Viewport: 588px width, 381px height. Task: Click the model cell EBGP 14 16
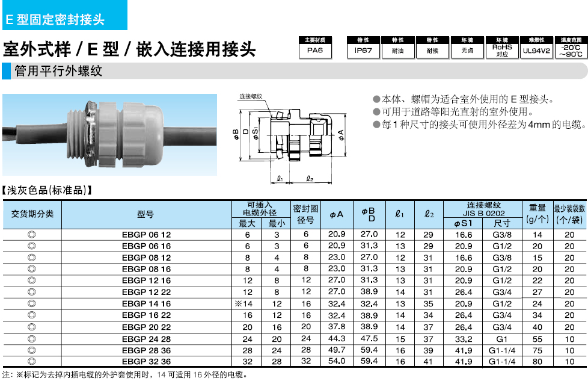146,304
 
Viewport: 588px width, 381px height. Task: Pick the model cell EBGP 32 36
146,362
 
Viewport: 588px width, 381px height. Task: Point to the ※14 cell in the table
243,304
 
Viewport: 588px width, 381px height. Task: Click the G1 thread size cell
502,339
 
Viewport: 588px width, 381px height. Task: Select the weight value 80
537,362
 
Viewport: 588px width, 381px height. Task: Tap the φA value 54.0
336,361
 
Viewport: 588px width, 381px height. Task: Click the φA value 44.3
336,339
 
